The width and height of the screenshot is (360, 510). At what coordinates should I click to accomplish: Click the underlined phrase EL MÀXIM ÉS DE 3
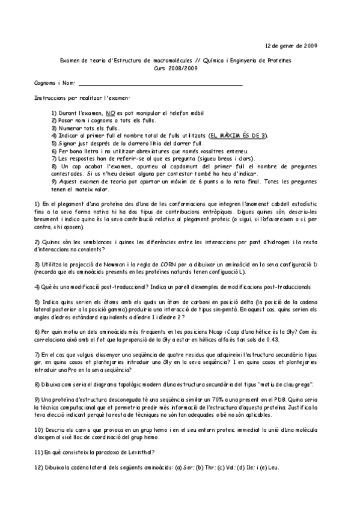239,136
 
